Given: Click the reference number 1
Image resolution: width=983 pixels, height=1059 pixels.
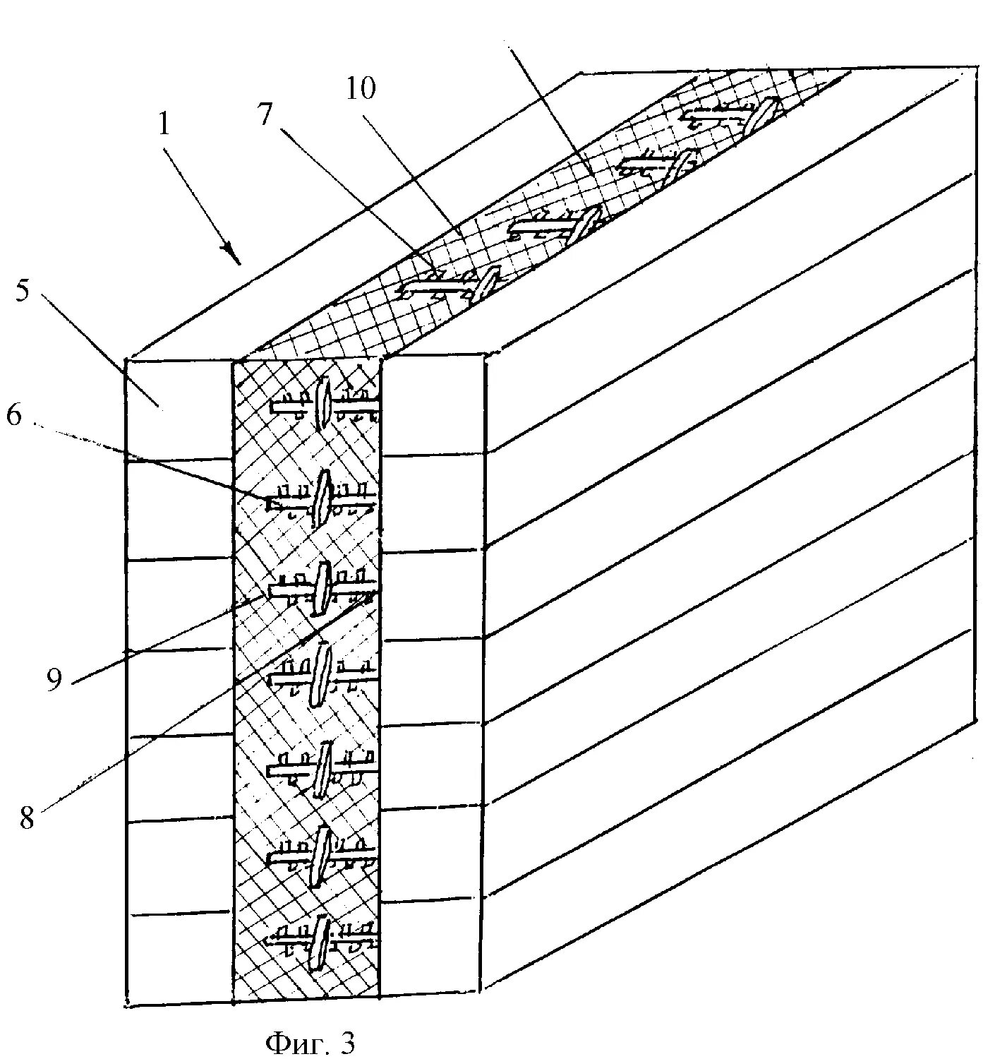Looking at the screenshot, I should pos(164,124).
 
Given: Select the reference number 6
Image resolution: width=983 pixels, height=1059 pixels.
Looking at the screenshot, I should pos(13,416).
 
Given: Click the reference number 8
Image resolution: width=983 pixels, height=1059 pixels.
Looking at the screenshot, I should pos(26,819).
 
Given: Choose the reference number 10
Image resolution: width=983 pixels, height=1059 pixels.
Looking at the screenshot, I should pos(361,89).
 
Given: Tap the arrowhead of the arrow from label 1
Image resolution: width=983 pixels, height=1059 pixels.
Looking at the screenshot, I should pos(229,249).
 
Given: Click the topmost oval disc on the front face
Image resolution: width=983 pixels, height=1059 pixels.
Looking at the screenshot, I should pos(324,404).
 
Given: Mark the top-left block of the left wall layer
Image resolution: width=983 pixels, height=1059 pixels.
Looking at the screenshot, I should pos(179,409).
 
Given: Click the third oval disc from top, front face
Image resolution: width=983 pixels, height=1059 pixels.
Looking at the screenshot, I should pos(322,587).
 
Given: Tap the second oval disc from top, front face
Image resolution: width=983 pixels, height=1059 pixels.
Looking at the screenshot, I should pos(322,498).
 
